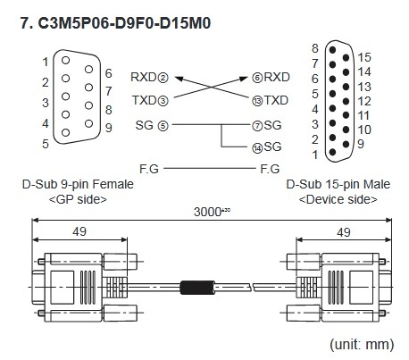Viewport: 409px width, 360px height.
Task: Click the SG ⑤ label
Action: (151, 125)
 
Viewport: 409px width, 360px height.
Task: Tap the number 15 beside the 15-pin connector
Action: (363, 57)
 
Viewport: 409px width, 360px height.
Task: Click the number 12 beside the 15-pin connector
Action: (363, 100)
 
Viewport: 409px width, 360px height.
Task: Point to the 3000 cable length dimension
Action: (208, 213)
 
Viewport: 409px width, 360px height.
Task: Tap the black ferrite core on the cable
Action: (194, 288)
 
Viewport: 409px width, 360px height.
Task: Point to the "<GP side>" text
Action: (78, 198)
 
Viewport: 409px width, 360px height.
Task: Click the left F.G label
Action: (150, 167)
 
